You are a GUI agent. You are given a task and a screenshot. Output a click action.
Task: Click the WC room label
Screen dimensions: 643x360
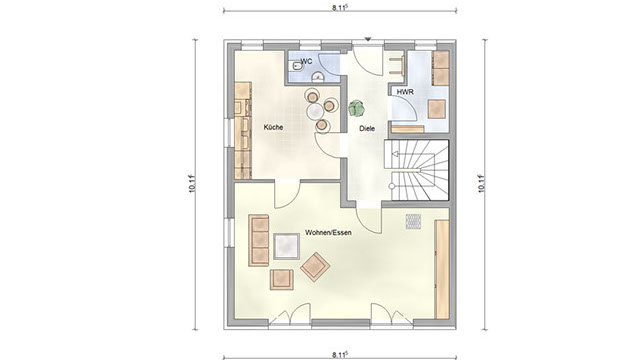click(x=307, y=62)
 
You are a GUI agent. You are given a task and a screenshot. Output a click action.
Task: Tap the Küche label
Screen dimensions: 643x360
click(x=273, y=127)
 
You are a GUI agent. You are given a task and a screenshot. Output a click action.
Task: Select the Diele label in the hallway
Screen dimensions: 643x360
click(x=367, y=128)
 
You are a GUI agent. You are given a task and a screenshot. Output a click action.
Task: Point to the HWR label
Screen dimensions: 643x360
click(x=405, y=92)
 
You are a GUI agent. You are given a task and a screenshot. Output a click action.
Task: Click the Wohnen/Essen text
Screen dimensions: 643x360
click(x=328, y=232)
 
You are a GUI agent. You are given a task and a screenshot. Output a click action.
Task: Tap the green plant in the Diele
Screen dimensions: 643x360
click(x=356, y=109)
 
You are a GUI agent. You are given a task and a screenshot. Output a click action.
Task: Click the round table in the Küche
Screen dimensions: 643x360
click(x=316, y=111)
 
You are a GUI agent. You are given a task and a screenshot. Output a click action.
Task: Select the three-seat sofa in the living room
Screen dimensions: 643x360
click(x=258, y=240)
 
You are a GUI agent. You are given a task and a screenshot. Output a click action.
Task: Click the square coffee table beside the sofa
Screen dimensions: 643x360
click(x=287, y=246)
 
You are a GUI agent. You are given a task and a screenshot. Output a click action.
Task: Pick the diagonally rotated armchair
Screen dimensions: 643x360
click(x=315, y=267)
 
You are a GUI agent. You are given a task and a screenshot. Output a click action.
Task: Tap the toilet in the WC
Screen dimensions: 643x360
click(x=295, y=66)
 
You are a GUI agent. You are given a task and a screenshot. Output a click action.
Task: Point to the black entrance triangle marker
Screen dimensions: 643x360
click(x=368, y=39)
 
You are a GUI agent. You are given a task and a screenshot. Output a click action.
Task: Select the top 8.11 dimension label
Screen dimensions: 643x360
click(x=340, y=7)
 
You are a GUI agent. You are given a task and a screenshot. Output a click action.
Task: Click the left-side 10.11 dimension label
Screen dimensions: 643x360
click(x=193, y=183)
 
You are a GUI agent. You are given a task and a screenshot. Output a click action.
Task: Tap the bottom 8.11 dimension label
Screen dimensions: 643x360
click(x=340, y=355)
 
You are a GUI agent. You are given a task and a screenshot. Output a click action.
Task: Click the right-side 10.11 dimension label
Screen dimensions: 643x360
click(x=482, y=183)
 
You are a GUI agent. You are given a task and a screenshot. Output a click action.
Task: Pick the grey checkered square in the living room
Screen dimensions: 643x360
click(x=413, y=221)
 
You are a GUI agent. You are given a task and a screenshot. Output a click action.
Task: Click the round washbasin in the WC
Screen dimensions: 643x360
click(x=317, y=77)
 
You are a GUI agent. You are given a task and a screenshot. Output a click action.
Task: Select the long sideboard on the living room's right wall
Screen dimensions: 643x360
click(x=442, y=269)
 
